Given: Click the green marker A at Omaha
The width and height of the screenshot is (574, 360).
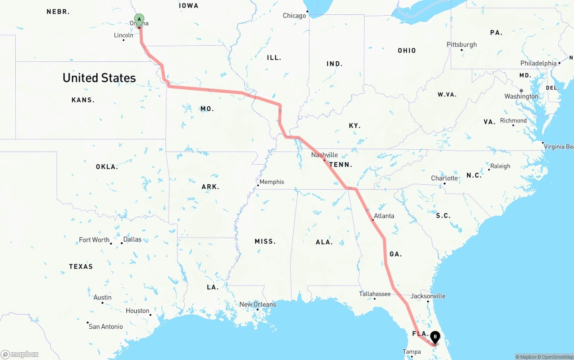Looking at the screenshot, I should pos(139,19).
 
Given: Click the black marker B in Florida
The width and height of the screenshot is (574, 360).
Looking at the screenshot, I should pos(435,337).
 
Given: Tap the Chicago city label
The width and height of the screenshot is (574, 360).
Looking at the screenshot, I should pos(294,16).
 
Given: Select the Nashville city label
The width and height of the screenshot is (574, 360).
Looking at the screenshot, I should pos(325,155).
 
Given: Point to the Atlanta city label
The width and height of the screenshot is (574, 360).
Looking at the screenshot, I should pos(384,216).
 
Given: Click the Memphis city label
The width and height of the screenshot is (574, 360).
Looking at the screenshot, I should pos(272,182).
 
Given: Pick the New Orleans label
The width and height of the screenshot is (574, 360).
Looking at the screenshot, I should pos(257,304).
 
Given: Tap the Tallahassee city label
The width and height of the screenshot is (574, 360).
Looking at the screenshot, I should pos(374,294).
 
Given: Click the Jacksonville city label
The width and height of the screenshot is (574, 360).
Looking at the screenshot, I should pos(428,296).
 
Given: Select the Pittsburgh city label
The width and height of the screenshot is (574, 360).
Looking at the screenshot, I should pos(461,44).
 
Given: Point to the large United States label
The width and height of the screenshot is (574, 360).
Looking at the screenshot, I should pos(99,78).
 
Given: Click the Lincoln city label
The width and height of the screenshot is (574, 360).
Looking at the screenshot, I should pos(123,35).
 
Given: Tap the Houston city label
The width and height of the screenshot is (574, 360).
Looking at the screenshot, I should pos(137,311).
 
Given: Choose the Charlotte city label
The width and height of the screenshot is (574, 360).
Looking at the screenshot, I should pos(444,178).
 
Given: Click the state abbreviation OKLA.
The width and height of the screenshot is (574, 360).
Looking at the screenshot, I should pos(107,167).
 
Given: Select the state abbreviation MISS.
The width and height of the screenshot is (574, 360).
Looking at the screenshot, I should pos(265,241).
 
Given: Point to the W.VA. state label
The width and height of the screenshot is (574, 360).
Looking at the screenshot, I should pos(447,95).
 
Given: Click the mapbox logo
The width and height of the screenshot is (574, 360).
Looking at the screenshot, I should pos(20,354).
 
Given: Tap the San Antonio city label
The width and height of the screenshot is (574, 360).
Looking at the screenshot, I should pos(105,326).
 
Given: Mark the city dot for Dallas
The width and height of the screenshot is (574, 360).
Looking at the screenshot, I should pos(122,243).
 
